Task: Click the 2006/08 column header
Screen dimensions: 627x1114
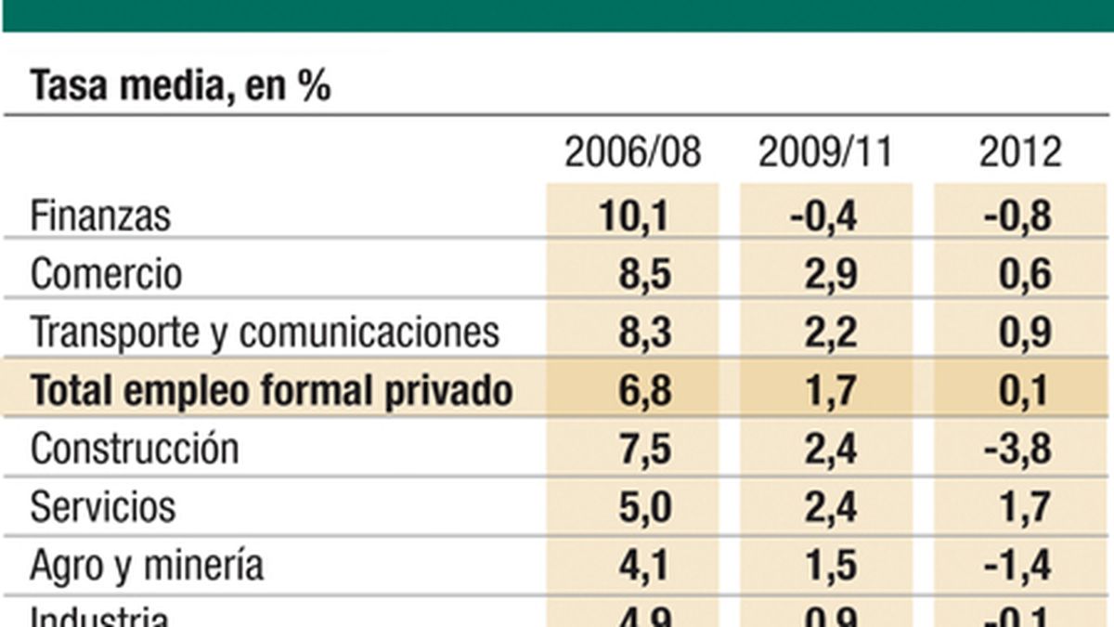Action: (x=633, y=152)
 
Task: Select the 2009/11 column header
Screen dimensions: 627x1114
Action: (x=825, y=152)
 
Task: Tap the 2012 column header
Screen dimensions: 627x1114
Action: (x=1019, y=152)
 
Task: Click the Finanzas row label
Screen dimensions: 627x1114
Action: (x=101, y=216)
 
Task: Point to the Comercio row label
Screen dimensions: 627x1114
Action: (x=107, y=274)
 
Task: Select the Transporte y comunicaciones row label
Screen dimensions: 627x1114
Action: (x=265, y=333)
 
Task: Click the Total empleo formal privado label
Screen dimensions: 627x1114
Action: (x=271, y=391)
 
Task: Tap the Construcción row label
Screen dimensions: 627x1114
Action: (x=135, y=449)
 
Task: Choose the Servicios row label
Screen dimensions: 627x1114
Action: (x=103, y=507)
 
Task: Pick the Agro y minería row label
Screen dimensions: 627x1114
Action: (x=147, y=566)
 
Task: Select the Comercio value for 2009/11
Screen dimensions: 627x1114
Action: (x=832, y=274)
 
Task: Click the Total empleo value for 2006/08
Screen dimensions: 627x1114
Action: (x=644, y=391)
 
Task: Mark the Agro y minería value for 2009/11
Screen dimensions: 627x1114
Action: (x=832, y=566)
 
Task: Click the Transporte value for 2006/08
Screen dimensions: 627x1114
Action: (x=644, y=333)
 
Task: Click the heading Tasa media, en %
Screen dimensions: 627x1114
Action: (x=180, y=86)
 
